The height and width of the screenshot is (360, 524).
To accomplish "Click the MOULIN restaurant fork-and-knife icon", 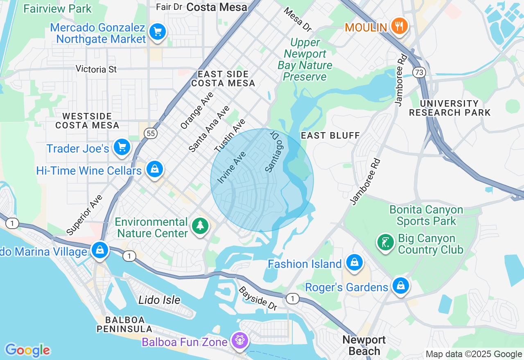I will (x=398, y=27).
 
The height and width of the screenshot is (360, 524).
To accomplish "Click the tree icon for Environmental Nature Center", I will (x=200, y=225).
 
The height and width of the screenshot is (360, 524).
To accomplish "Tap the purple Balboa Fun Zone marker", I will (x=239, y=340).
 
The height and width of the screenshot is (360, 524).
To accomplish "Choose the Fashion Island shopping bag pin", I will (x=354, y=263).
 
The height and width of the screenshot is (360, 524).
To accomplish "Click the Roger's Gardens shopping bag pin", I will (x=400, y=286).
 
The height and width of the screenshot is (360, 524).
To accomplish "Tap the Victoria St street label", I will (x=97, y=69).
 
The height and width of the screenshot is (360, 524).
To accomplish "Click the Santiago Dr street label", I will (x=275, y=151).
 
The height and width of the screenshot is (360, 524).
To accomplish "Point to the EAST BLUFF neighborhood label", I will (x=330, y=135).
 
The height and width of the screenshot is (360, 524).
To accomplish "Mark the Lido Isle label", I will (x=159, y=300).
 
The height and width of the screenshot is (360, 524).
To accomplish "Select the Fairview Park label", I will (x=58, y=9).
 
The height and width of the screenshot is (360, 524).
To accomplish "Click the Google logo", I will (x=27, y=350).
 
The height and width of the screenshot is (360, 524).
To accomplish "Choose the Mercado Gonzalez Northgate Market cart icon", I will (x=157, y=32).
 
